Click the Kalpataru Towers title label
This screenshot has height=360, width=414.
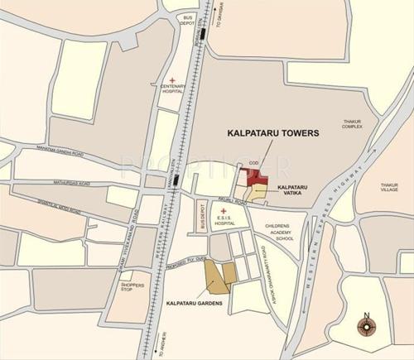[272, 132]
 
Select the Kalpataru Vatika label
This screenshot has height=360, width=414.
[293, 191]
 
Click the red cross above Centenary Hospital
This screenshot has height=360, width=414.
[173, 80]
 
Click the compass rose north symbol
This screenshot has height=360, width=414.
[367, 326]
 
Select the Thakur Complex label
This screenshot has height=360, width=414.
[353, 126]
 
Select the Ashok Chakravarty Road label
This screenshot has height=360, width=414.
[267, 265]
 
